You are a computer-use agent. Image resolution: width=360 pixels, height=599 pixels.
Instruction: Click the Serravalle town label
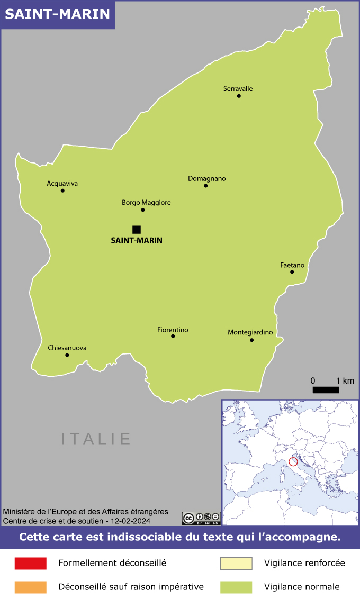tap(238, 88)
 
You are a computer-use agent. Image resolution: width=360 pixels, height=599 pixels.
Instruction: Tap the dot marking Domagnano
tap(205, 186)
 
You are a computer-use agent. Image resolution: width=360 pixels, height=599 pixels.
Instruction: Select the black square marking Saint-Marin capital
tap(137, 229)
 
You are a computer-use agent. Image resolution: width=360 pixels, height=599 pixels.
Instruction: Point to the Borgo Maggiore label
tap(146, 202)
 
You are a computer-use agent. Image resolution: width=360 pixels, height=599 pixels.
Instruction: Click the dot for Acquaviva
tap(62, 190)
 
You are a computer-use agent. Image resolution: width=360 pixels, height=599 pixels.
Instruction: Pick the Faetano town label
tap(292, 265)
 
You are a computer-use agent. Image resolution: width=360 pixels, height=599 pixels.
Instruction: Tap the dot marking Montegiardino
tap(251, 340)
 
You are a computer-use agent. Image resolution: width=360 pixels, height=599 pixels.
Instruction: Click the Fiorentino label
tap(173, 330)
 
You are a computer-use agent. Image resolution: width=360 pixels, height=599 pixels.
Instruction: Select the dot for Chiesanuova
tap(67, 355)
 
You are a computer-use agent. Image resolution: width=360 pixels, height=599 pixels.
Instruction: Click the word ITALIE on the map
tap(96, 439)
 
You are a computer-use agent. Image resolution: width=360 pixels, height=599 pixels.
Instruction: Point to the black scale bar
tap(326, 390)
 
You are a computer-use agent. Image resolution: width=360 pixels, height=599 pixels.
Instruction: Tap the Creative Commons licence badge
tap(201, 518)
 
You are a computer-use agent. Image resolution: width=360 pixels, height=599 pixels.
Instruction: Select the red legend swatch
tap(31, 563)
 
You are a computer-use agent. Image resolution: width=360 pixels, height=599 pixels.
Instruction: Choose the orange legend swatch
tap(31, 586)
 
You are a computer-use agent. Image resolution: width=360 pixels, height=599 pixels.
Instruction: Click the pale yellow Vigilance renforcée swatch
tap(236, 563)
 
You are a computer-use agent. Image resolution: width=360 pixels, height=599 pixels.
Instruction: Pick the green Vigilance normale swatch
tap(236, 586)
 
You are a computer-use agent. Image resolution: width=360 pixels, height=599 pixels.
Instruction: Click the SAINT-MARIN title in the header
tap(58, 14)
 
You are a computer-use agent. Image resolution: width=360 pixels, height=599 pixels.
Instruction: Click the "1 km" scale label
tap(345, 380)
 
